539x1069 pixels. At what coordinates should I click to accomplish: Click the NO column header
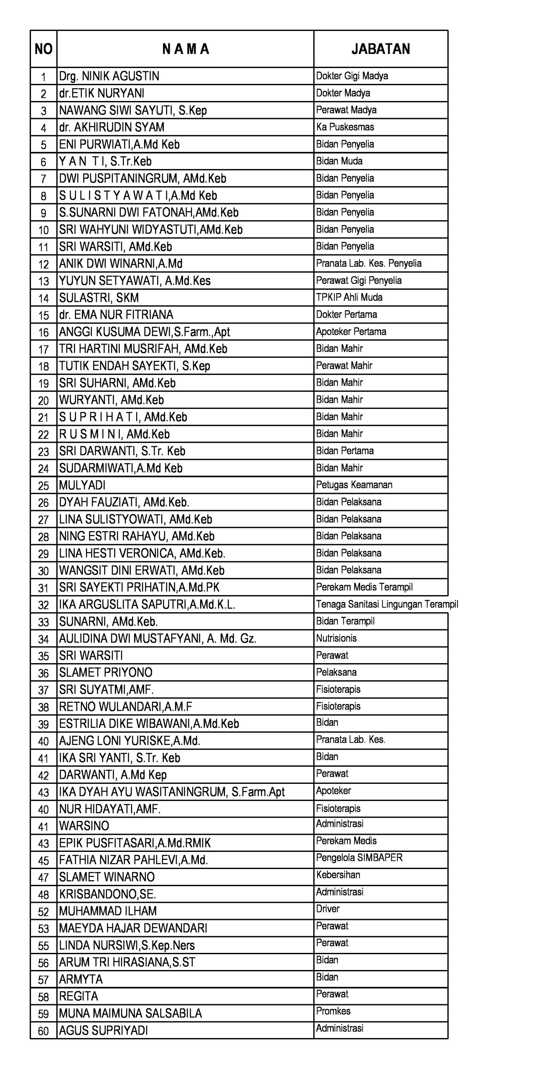coord(43,49)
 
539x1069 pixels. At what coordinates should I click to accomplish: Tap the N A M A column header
coord(185,49)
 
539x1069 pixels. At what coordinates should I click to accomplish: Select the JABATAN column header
coord(380,49)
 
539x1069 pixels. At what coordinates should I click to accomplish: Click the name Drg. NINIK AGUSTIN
coord(109,76)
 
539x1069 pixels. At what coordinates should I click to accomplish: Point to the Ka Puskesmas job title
coord(345,127)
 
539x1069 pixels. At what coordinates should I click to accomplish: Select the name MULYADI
coord(82,485)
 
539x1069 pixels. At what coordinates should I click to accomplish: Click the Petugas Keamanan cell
coord(354,485)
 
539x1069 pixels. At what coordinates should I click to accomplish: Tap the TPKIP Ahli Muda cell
coord(349,297)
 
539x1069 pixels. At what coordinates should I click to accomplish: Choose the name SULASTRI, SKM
coord(99,298)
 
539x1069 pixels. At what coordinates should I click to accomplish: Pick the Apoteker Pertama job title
coord(351,332)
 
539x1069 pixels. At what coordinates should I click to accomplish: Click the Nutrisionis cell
coord(336,638)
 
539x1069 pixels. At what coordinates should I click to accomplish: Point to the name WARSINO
coord(84,826)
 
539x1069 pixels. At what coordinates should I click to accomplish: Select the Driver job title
coord(328,909)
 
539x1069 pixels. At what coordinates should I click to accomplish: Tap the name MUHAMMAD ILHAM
coord(108,911)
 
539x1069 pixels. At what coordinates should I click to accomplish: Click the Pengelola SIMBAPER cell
coord(359,858)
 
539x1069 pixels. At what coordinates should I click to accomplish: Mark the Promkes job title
coord(333,1011)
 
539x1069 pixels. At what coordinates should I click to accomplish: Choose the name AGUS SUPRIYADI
coord(103,1031)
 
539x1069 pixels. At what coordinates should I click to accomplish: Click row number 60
coord(43,1031)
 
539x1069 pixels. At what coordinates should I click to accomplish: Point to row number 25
coord(43,486)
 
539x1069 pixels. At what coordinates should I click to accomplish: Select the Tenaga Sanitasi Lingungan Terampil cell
coord(386,604)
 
